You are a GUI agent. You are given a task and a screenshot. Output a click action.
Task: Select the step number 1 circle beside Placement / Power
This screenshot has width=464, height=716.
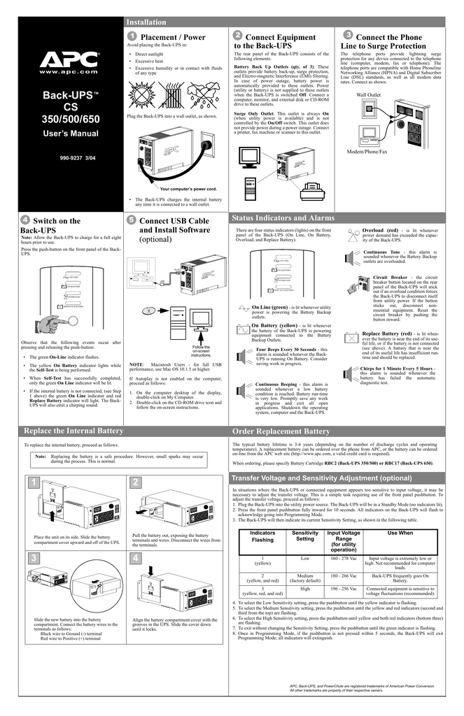click(x=132, y=36)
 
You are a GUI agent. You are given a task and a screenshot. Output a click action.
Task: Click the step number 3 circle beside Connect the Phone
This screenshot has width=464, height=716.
click(x=348, y=35)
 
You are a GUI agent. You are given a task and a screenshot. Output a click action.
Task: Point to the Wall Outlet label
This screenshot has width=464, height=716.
click(x=369, y=94)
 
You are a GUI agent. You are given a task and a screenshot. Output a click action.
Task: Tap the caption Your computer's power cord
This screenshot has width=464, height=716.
click(x=188, y=189)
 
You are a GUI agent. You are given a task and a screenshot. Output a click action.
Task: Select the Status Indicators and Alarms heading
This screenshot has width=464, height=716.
click(x=282, y=218)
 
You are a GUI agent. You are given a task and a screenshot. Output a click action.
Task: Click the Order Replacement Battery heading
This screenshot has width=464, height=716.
click(x=281, y=431)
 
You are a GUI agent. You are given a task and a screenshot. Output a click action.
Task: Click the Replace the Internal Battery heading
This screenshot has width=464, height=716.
click(x=73, y=430)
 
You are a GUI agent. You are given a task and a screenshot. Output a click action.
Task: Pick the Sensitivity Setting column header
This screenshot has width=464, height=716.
click(x=304, y=536)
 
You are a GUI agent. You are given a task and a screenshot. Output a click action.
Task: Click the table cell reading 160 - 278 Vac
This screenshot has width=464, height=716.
click(x=344, y=559)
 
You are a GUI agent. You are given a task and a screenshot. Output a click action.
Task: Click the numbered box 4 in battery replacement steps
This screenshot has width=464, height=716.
click(x=136, y=557)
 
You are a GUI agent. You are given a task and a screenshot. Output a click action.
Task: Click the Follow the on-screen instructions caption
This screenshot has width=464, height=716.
click(x=201, y=352)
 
